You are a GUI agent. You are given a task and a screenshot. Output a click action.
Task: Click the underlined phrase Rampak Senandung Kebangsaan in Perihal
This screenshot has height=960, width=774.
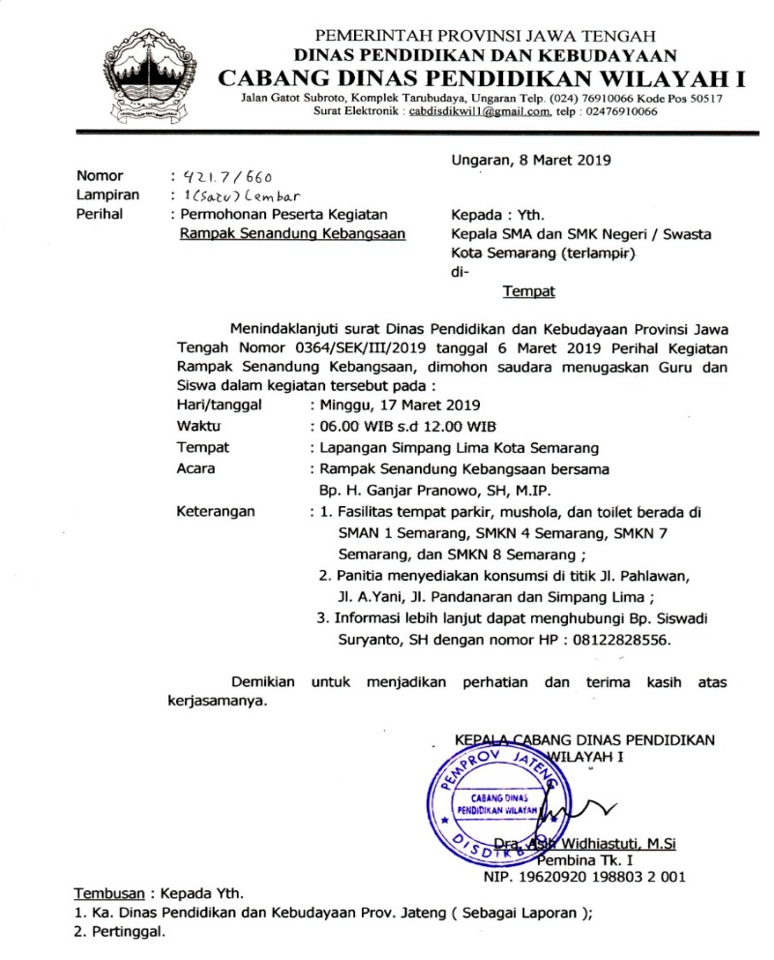(x=293, y=232)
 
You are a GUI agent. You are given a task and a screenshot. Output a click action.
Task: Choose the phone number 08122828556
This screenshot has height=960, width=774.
(x=624, y=640)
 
